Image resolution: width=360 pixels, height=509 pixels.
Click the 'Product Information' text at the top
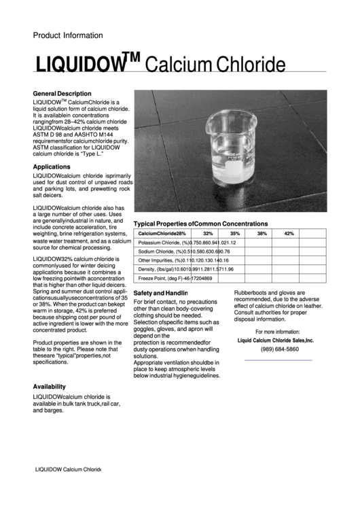(68, 35)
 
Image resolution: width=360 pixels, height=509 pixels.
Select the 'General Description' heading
(62, 93)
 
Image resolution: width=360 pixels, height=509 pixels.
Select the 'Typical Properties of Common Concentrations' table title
(200, 224)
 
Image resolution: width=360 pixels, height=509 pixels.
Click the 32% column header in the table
(208, 233)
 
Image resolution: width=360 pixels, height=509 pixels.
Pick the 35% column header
(235, 233)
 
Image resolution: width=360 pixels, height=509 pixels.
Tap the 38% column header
(262, 233)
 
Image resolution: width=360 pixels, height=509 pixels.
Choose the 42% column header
(289, 233)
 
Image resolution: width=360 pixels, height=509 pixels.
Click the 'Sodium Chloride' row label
(161, 251)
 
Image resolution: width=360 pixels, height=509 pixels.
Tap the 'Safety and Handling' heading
(160, 292)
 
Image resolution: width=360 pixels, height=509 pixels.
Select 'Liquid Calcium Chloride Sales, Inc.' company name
(275, 340)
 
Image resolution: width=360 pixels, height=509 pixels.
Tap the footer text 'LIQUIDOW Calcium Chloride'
(68, 470)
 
